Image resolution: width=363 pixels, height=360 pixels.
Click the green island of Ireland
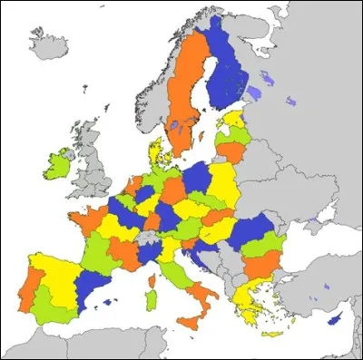tap(59, 163)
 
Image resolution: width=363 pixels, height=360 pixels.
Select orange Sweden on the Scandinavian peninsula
tap(181, 100)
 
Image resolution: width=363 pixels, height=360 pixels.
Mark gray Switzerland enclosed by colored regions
tap(143, 238)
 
